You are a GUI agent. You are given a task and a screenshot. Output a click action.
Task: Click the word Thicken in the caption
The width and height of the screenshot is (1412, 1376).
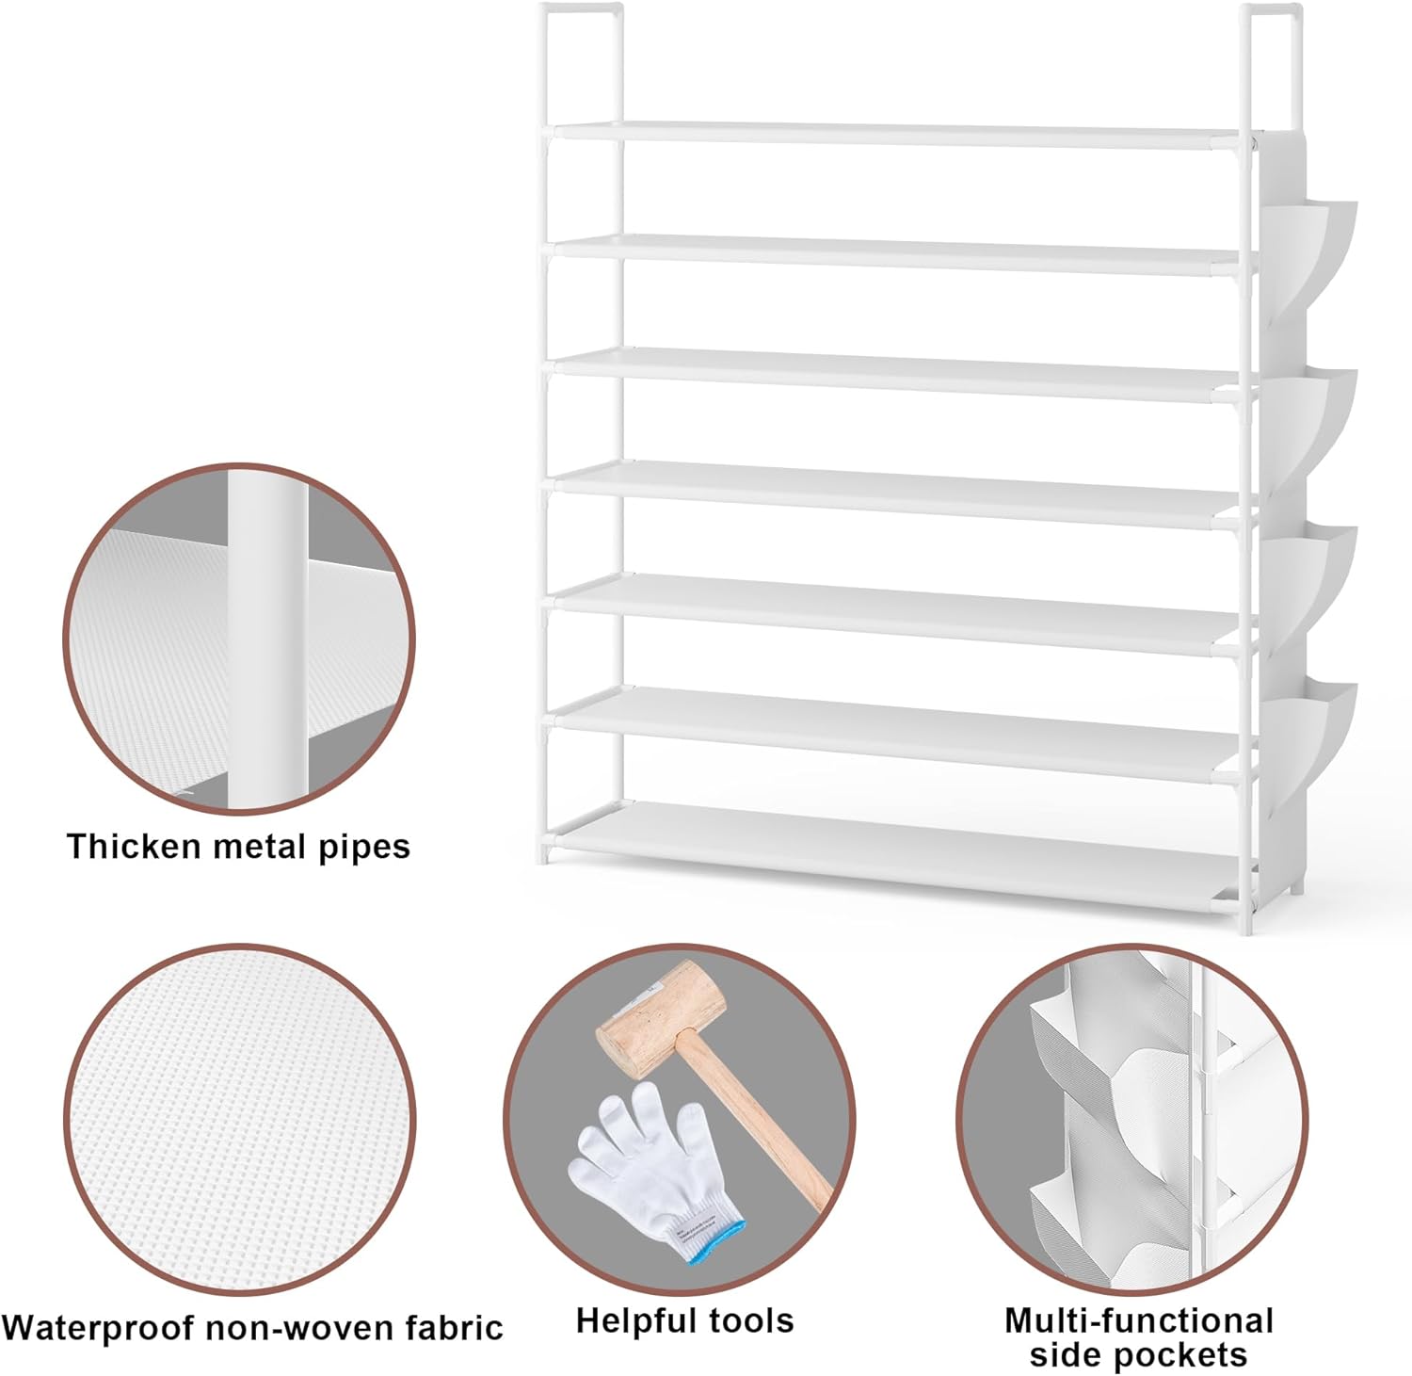tap(134, 846)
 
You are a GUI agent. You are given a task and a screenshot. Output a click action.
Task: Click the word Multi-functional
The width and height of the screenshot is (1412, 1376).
tap(1138, 1320)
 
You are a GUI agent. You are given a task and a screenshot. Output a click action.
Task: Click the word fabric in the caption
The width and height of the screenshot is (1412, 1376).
tap(455, 1328)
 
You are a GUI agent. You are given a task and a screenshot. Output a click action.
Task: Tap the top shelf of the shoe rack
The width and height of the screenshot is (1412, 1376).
tap(894, 136)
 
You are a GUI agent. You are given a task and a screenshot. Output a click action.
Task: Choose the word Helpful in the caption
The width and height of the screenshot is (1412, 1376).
tap(628, 1320)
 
